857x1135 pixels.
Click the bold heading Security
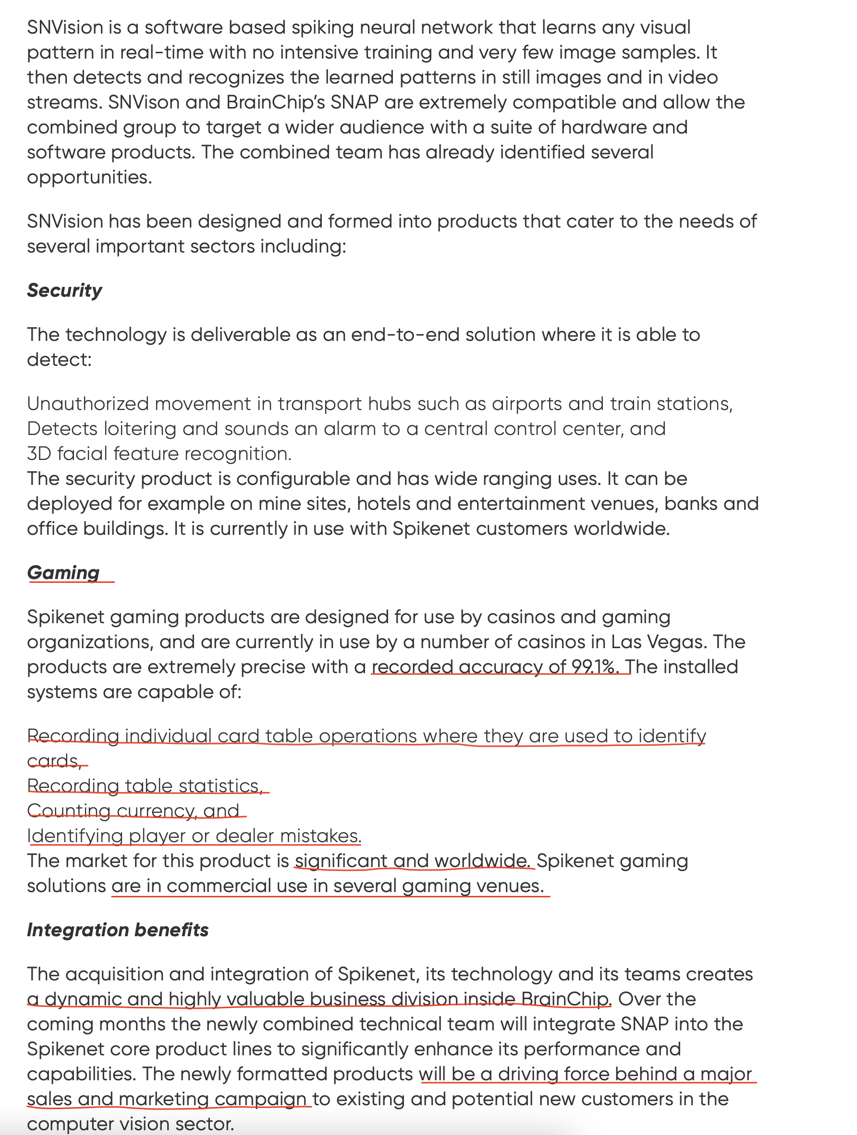click(64, 290)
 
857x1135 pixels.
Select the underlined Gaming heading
click(63, 573)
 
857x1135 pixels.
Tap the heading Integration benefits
click(118, 930)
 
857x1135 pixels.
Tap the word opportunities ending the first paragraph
click(89, 178)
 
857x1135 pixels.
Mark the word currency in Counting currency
click(157, 811)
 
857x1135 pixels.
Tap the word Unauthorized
click(87, 404)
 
